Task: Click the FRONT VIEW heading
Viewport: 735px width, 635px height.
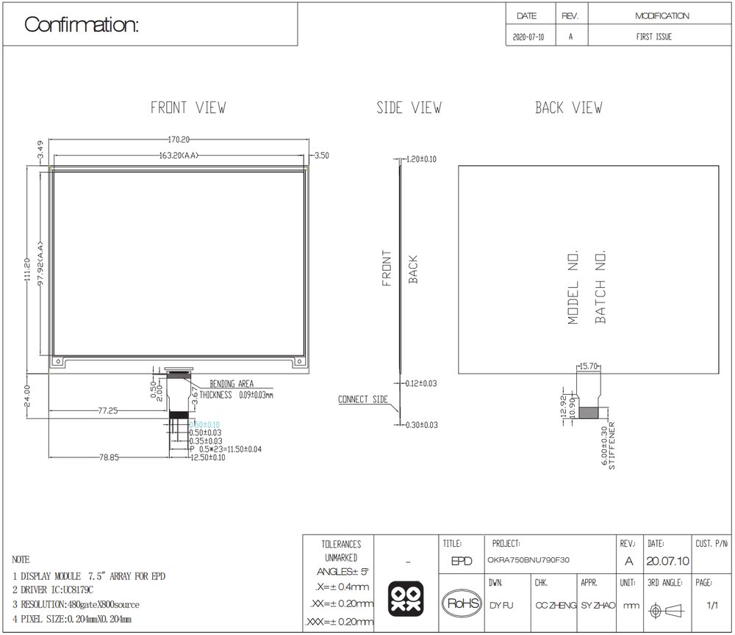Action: [x=188, y=108]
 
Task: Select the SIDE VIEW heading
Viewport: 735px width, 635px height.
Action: [x=409, y=108]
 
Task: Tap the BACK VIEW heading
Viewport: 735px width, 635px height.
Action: [x=569, y=108]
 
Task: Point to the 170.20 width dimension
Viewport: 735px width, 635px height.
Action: [x=179, y=139]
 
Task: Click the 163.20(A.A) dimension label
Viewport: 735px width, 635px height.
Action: [x=179, y=156]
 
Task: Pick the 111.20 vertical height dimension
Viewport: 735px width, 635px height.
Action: [x=27, y=269]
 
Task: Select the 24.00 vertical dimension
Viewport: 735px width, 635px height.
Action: [x=27, y=396]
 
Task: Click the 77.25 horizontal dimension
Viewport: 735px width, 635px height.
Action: [x=108, y=410]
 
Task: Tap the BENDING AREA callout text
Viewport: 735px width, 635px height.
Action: [x=232, y=384]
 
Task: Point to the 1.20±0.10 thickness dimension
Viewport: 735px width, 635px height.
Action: [x=421, y=159]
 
